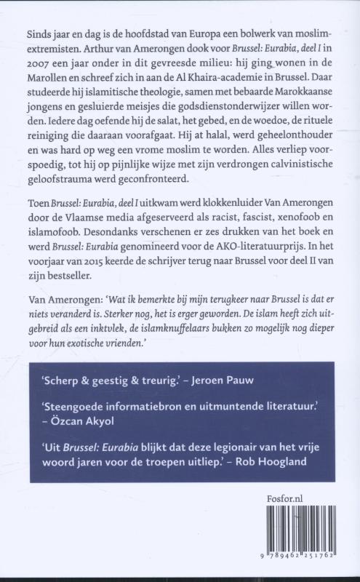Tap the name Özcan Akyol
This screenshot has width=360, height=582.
(76, 441)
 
